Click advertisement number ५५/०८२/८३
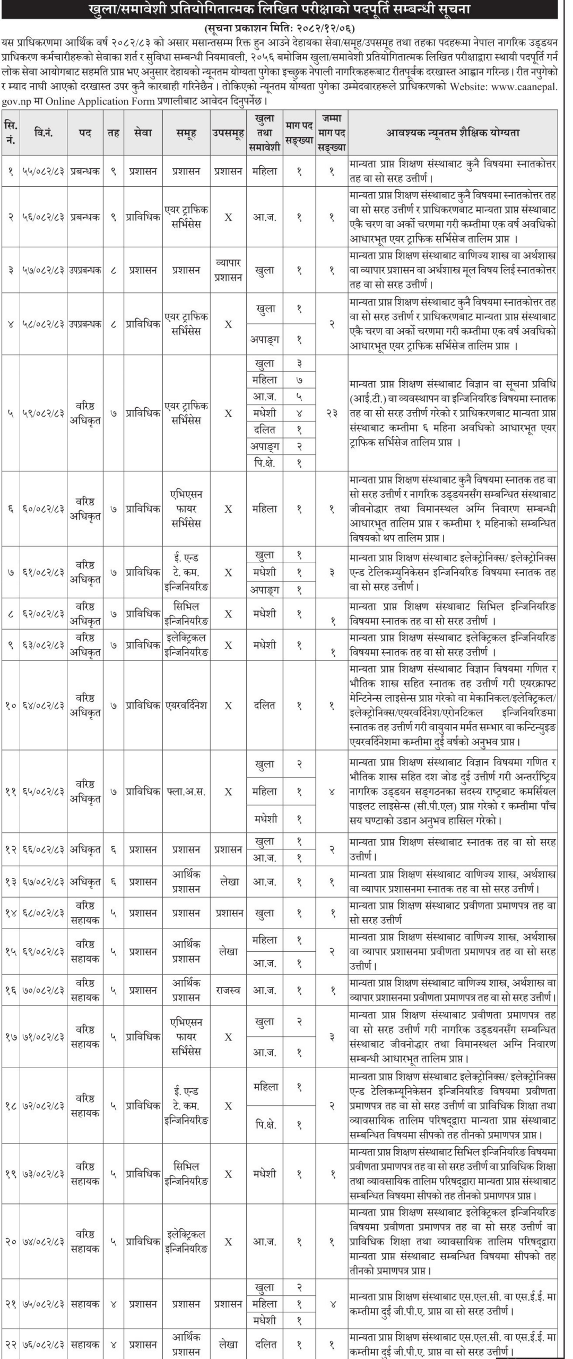pyautogui.click(x=44, y=171)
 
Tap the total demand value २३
pyautogui.click(x=332, y=413)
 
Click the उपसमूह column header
pyautogui.click(x=229, y=133)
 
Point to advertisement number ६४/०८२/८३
pyautogui.click(x=44, y=706)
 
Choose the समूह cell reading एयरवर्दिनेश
pyautogui.click(x=186, y=706)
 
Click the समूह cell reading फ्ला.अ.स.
pyautogui.click(x=186, y=792)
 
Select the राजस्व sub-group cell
pyautogui.click(x=229, y=991)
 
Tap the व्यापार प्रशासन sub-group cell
pyautogui.click(x=229, y=270)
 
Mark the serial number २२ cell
pyautogui.click(x=11, y=1345)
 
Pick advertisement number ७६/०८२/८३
pyautogui.click(x=44, y=1345)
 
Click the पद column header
pyautogui.click(x=85, y=133)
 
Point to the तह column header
pyautogui.click(x=114, y=133)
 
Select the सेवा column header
pyautogui.click(x=143, y=133)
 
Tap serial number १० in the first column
pyautogui.click(x=11, y=706)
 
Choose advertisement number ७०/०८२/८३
pyautogui.click(x=44, y=991)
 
